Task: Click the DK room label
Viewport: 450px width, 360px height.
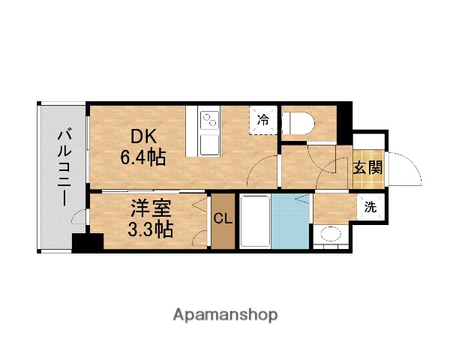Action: point(145,136)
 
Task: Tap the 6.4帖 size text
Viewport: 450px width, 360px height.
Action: point(143,157)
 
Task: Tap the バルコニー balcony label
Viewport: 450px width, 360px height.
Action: point(65,167)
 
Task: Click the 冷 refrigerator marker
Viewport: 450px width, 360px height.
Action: point(264,118)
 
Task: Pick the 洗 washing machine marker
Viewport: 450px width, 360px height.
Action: point(370,208)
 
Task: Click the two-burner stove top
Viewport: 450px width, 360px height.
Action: point(209,118)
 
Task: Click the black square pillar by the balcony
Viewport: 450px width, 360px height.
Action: point(88,244)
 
